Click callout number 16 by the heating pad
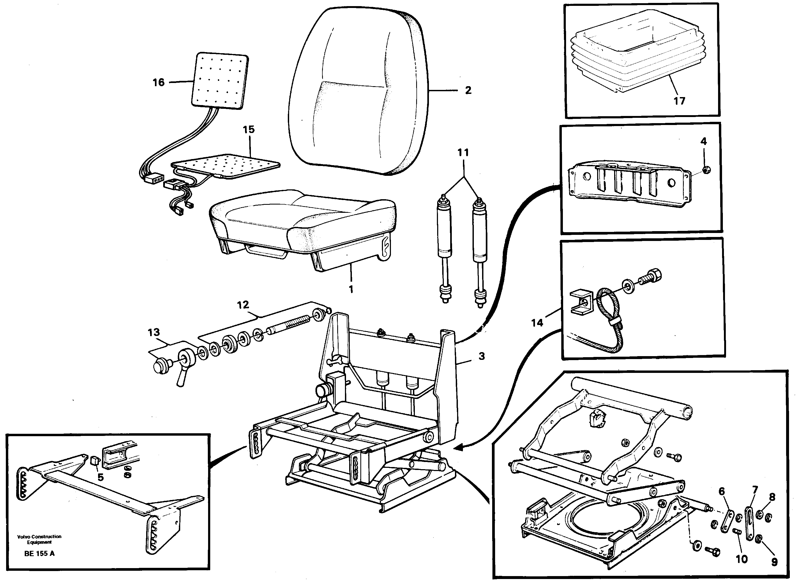click(158, 82)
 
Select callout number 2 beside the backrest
click(468, 91)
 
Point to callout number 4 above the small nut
click(703, 141)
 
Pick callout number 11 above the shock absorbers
click(463, 153)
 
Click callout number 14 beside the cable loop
click(537, 323)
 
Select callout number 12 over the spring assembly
click(243, 305)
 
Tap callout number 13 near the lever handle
click(154, 332)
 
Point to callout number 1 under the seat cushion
click(351, 289)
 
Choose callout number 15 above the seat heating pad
click(248, 130)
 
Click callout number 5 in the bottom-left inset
click(100, 477)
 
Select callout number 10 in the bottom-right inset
click(742, 559)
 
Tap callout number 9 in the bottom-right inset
click(774, 562)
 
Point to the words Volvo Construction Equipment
click(39, 539)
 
